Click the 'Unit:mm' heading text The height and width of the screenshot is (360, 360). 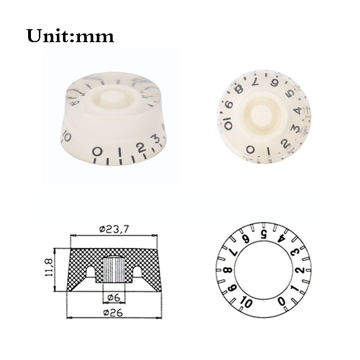click(x=70, y=36)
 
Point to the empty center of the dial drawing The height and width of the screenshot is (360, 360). click(x=264, y=270)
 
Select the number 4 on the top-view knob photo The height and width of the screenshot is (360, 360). click(x=297, y=111)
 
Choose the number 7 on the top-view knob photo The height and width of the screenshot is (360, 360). click(x=255, y=82)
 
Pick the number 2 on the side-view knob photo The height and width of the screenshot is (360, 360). click(x=140, y=147)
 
